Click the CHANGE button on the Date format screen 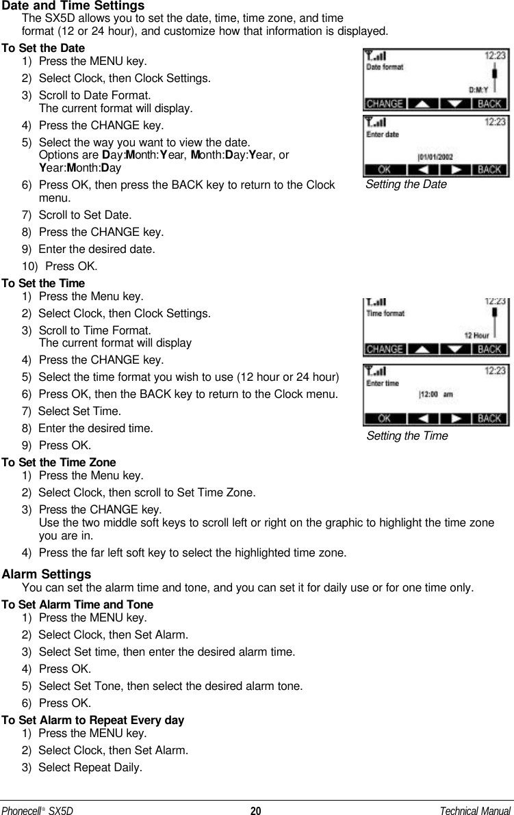385,104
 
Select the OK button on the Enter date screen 385,169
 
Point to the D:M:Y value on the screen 479,89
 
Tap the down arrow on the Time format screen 457,349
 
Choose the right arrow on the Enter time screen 457,418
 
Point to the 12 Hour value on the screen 477,335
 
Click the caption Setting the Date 406,185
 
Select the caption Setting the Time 407,436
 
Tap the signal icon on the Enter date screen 375,123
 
